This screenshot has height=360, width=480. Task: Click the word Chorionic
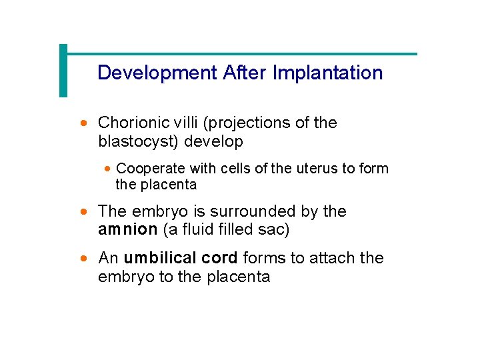pos(133,123)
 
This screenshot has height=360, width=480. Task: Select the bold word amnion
pos(127,229)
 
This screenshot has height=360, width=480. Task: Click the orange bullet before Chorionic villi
pos(83,123)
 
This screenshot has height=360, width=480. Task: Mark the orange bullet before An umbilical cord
pos(83,259)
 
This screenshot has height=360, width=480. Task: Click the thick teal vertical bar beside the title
pos(63,70)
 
